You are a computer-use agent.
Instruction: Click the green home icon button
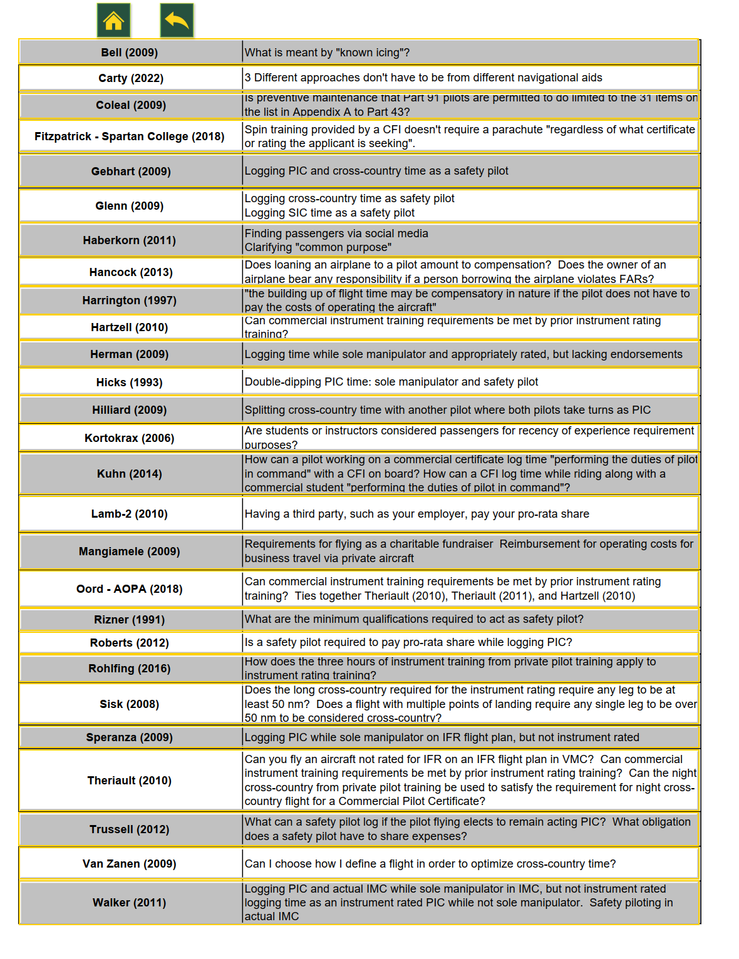pyautogui.click(x=113, y=21)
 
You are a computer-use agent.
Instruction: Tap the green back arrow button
pyautogui.click(x=177, y=21)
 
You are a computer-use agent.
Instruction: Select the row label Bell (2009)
pyautogui.click(x=130, y=53)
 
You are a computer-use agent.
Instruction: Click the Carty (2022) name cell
pyautogui.click(x=131, y=78)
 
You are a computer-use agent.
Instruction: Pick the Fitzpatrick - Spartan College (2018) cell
pyautogui.click(x=130, y=136)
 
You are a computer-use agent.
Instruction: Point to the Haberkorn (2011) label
pyautogui.click(x=130, y=240)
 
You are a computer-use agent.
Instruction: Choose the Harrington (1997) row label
pyautogui.click(x=130, y=300)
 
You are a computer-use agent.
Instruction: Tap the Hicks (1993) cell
pyautogui.click(x=130, y=382)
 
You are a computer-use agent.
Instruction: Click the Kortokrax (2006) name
pyautogui.click(x=130, y=438)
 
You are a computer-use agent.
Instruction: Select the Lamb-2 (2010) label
pyautogui.click(x=130, y=514)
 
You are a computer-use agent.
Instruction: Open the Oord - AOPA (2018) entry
pyautogui.click(x=130, y=589)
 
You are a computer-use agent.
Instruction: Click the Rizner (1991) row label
pyautogui.click(x=130, y=620)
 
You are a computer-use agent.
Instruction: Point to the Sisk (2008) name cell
pyautogui.click(x=130, y=704)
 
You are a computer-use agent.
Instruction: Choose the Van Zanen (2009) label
pyautogui.click(x=130, y=864)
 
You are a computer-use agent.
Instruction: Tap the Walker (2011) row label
pyautogui.click(x=130, y=903)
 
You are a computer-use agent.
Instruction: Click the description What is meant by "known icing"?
pyautogui.click(x=328, y=53)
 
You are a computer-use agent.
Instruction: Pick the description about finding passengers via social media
pyautogui.click(x=337, y=233)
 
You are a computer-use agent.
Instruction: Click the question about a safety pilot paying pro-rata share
pyautogui.click(x=408, y=642)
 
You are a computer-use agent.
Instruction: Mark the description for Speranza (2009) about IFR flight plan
pyautogui.click(x=442, y=737)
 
